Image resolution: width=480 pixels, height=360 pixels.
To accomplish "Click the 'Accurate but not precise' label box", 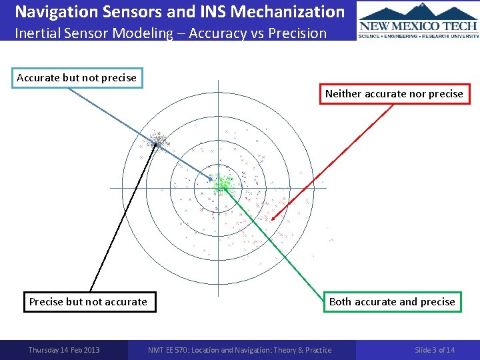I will tap(77, 78).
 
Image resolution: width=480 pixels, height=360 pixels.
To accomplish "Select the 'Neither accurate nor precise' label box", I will tap(394, 94).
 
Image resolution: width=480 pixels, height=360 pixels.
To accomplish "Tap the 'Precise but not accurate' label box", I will tap(88, 302).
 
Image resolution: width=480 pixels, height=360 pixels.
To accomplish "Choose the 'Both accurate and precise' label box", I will tap(392, 302).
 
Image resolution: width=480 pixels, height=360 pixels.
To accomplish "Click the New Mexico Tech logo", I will tap(418, 20).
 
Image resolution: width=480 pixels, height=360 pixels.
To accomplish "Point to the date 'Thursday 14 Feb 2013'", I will tap(64, 350).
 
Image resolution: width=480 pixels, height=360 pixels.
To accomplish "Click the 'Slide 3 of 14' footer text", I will tap(435, 350).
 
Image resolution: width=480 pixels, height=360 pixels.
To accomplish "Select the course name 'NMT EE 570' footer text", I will tap(239, 350).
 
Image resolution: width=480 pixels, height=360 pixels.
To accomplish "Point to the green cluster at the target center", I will tap(221, 183).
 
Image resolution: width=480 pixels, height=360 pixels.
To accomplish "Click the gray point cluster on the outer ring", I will tap(157, 140).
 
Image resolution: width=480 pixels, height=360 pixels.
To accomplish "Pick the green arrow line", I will tap(273, 240).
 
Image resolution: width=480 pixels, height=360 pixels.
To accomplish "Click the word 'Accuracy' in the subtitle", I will tap(215, 33).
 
